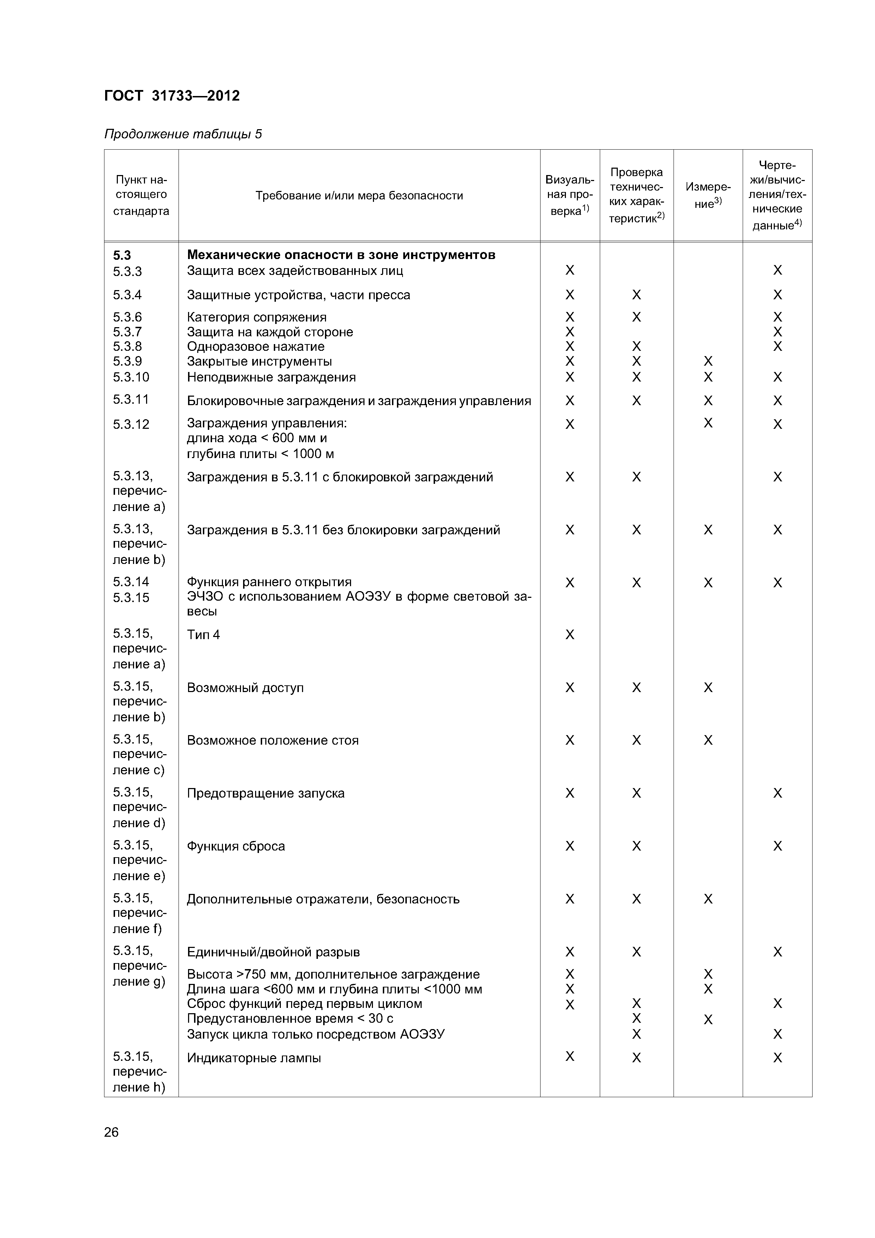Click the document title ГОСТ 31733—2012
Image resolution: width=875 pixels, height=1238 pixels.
171,96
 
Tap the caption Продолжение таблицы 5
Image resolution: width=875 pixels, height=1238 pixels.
183,134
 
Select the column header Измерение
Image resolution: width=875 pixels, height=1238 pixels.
707,195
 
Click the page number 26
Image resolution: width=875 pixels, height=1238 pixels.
111,1132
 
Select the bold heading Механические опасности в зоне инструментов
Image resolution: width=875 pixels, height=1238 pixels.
341,254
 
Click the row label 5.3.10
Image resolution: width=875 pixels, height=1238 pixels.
131,377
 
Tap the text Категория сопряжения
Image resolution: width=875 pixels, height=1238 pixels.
257,317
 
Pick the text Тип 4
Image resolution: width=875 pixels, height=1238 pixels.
203,635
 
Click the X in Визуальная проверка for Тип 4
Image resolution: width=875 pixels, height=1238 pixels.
570,635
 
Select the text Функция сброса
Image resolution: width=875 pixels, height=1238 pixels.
236,846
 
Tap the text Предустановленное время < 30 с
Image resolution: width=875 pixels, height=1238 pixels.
290,1018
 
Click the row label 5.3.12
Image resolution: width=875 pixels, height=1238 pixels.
131,424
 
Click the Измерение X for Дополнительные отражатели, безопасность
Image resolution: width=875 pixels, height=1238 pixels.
708,899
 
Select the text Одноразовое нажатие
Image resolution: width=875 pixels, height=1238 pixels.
255,347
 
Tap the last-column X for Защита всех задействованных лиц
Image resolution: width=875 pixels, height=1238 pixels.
777,270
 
